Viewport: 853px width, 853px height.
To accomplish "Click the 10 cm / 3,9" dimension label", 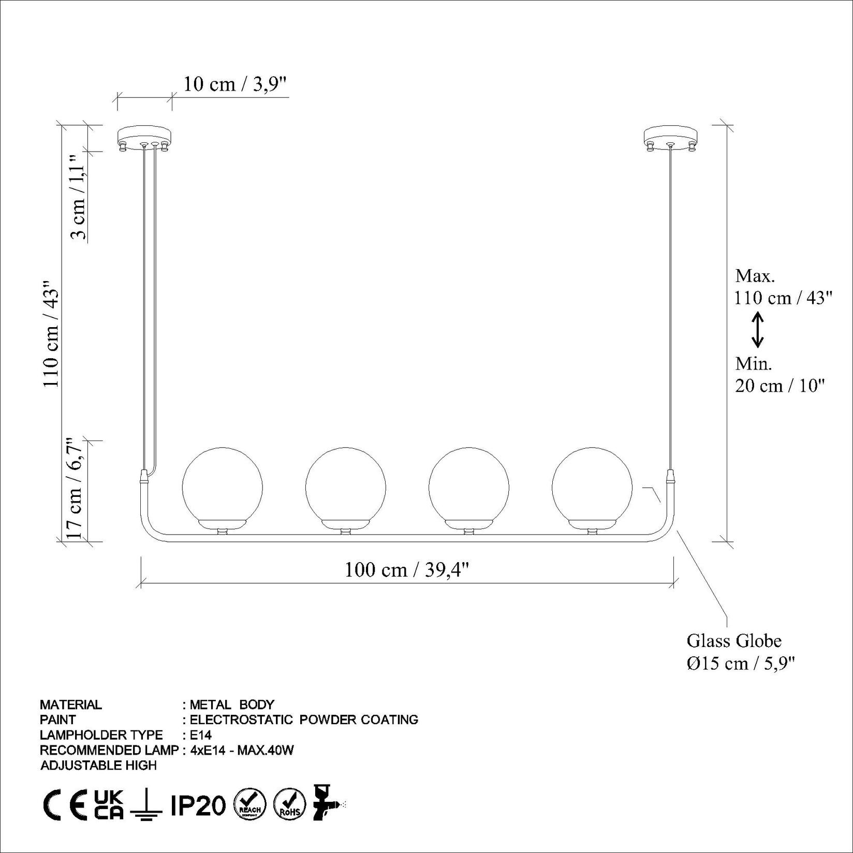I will click(234, 84).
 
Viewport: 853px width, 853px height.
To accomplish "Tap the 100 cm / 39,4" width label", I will click(407, 570).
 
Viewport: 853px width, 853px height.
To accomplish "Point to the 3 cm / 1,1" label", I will click(78, 197).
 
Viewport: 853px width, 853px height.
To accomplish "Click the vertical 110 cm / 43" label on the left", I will click(51, 334).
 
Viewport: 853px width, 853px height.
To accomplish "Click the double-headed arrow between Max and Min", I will click(757, 330).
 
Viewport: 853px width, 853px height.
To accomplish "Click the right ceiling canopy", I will click(671, 138).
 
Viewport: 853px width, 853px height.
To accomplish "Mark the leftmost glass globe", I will click(223, 488).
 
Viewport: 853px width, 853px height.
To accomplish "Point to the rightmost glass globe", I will click(592, 488).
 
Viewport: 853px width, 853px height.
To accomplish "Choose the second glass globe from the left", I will click(345, 488).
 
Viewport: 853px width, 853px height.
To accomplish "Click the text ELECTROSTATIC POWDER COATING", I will click(304, 719).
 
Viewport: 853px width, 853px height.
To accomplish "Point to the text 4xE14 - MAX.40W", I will click(242, 750).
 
